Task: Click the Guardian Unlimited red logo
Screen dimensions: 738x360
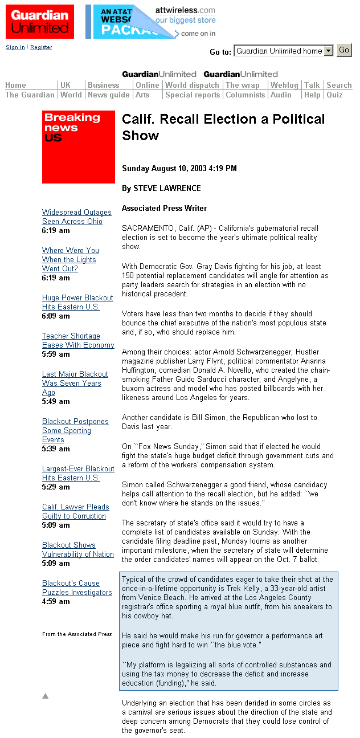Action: coord(40,22)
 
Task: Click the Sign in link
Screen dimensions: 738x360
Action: coord(15,47)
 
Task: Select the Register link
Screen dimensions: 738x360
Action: coord(41,47)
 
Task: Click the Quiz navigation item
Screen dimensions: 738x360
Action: coord(334,95)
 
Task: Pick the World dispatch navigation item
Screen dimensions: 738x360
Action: coord(192,85)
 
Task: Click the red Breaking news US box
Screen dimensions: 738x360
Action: coord(79,146)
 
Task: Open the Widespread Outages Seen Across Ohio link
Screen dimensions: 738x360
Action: coord(76,217)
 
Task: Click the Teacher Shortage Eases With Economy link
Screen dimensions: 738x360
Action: coord(77,340)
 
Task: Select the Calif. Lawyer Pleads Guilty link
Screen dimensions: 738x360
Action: coord(75,511)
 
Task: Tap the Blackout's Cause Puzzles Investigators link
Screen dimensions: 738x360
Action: coord(77,588)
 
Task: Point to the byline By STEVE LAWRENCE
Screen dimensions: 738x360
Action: coord(161,188)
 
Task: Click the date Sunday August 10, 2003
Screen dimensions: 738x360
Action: coord(179,168)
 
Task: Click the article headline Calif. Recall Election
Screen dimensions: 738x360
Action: coord(223,127)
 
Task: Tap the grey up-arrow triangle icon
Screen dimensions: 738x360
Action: coord(46,695)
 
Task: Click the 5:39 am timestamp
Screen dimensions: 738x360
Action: coord(56,448)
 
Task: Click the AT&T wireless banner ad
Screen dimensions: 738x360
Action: coord(151,22)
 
